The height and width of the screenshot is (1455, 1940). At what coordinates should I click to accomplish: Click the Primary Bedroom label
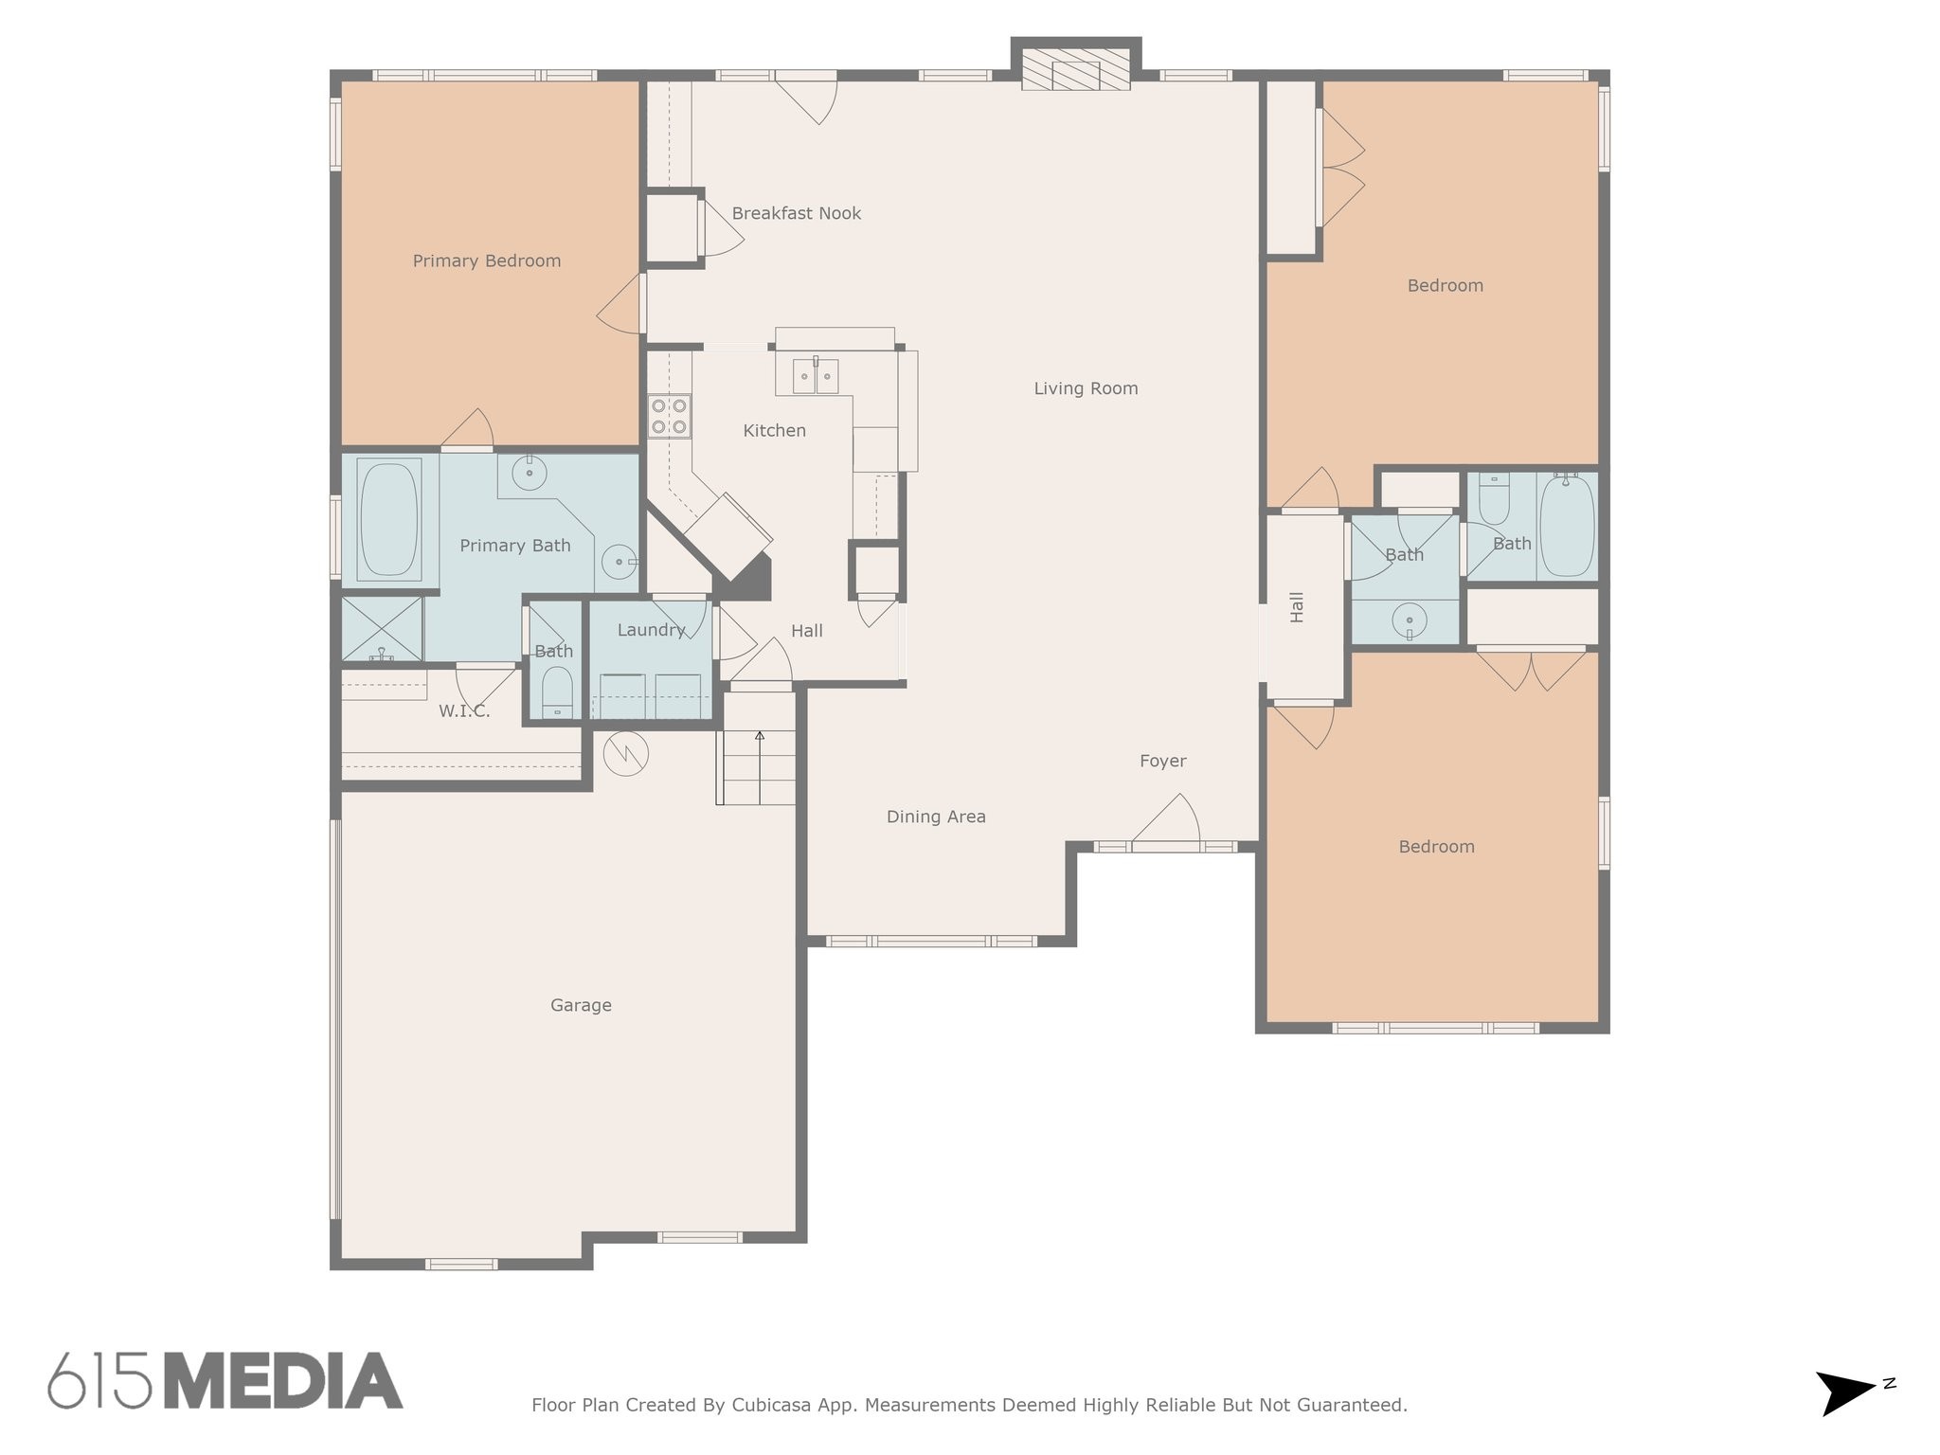[x=487, y=260]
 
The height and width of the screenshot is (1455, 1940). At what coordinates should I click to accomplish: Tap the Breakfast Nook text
[x=797, y=213]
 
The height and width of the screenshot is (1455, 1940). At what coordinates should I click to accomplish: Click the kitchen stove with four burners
[x=669, y=417]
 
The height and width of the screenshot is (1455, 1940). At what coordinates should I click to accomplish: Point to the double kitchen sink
[x=816, y=376]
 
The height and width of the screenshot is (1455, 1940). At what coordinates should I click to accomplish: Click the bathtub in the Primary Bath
[x=389, y=519]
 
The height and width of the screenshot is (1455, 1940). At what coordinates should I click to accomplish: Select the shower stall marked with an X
[x=382, y=629]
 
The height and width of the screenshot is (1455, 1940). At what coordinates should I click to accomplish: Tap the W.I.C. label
[x=464, y=711]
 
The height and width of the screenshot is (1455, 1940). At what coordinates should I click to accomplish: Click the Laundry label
[x=651, y=630]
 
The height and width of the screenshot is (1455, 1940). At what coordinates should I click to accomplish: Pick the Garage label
[x=581, y=1005]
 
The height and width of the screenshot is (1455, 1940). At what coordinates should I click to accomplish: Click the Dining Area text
[x=936, y=817]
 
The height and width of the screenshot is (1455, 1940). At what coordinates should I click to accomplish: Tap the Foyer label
[x=1162, y=761]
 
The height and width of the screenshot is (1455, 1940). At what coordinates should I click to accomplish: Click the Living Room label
[x=1086, y=388]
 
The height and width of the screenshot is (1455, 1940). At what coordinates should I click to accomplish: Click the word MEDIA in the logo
[x=284, y=1380]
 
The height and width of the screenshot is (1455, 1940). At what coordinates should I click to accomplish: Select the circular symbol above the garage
[x=626, y=754]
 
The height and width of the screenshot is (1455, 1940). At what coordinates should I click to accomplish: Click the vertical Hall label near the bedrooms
[x=1297, y=607]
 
